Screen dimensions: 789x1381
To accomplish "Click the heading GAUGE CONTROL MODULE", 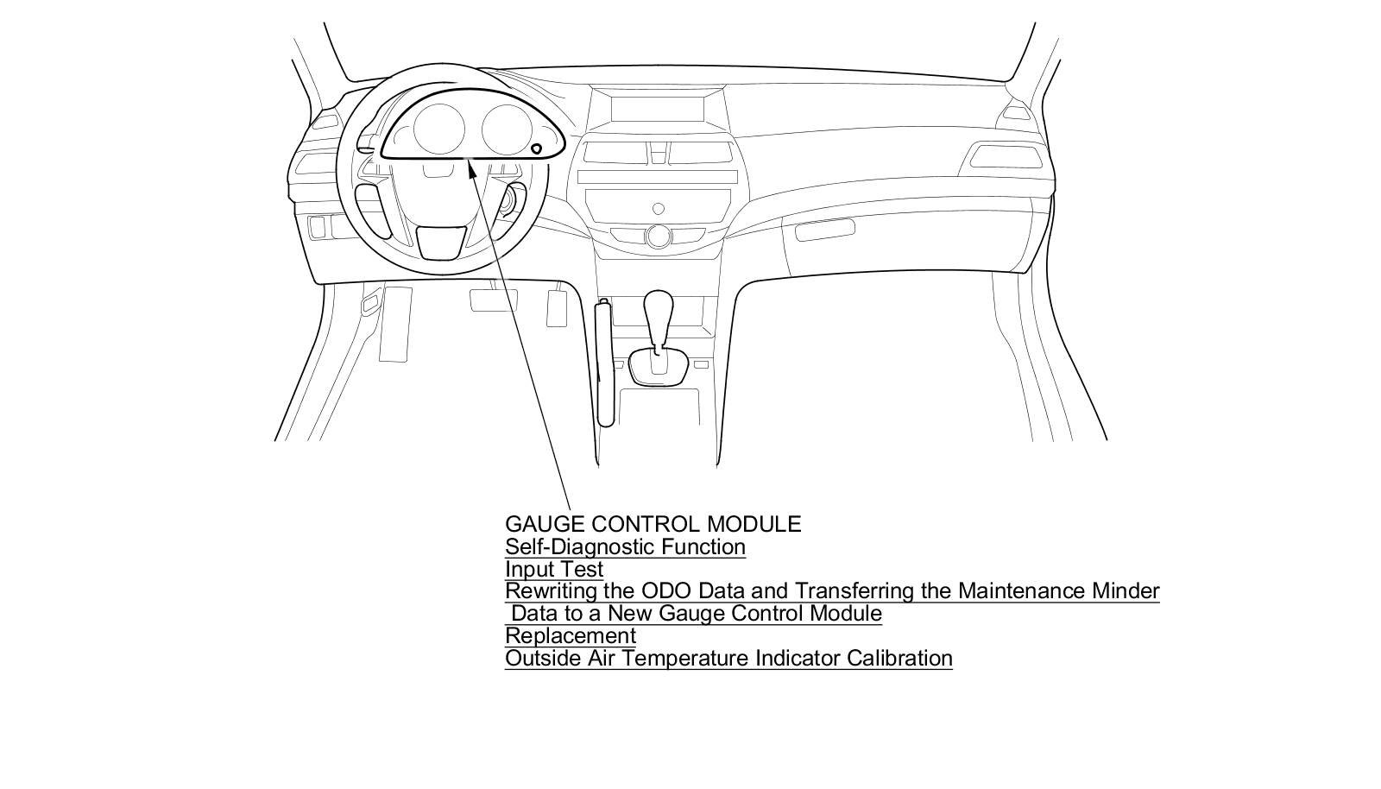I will coord(653,524).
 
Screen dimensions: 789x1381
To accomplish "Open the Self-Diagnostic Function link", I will coord(625,546).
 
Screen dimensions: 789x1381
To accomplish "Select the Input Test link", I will coord(553,569).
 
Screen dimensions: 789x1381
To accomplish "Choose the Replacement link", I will coord(570,635).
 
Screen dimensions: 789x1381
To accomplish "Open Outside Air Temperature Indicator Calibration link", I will coord(728,658).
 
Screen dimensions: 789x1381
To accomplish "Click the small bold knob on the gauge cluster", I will coord(537,149).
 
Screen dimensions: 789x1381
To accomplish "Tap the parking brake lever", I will coord(605,363).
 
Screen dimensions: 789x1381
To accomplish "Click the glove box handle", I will coord(824,230).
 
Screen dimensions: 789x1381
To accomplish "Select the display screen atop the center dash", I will coord(658,110).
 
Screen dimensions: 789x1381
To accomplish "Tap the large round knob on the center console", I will coord(659,236).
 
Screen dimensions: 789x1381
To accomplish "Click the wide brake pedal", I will coord(493,300).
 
